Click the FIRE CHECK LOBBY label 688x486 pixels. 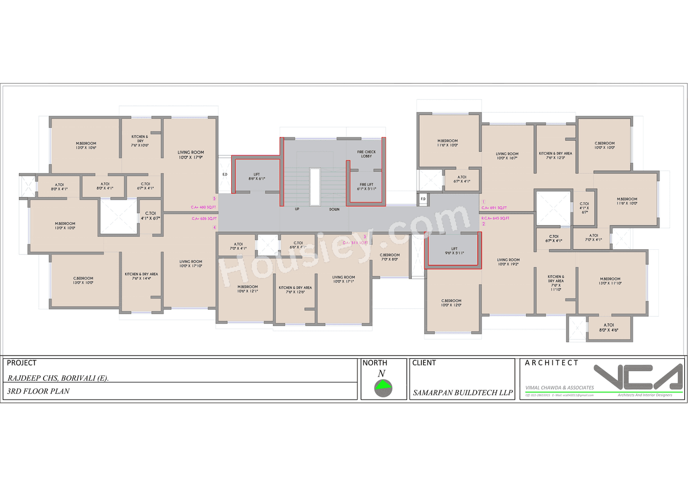click(x=366, y=154)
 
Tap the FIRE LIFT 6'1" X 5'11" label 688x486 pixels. click(x=366, y=186)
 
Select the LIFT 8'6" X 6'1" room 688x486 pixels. click(x=256, y=176)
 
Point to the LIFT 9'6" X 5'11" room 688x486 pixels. click(x=454, y=251)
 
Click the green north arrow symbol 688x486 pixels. click(x=383, y=386)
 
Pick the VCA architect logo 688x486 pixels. click(x=637, y=378)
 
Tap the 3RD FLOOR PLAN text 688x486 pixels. click(x=38, y=391)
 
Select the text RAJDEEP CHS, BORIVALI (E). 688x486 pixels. click(x=58, y=378)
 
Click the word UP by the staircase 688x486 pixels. click(x=297, y=209)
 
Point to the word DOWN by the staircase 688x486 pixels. click(x=334, y=209)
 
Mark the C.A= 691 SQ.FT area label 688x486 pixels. click(x=494, y=208)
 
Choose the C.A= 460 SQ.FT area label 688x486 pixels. click(x=203, y=207)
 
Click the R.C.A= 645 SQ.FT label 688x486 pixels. click(x=495, y=218)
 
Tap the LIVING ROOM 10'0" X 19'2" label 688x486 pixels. click(x=508, y=262)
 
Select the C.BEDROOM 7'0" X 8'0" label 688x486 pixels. click(x=390, y=257)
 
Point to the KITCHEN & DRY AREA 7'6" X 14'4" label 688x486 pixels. click(x=141, y=276)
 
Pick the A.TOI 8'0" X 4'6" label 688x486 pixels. click(x=609, y=327)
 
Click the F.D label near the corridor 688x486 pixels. click(x=423, y=199)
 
